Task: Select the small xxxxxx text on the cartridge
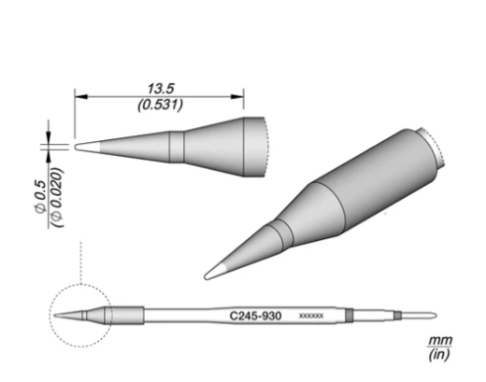pos(310,318)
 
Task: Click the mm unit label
pos(436,343)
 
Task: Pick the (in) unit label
pos(436,356)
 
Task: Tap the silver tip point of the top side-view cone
pos(81,147)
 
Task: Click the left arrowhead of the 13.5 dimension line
pos(79,94)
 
